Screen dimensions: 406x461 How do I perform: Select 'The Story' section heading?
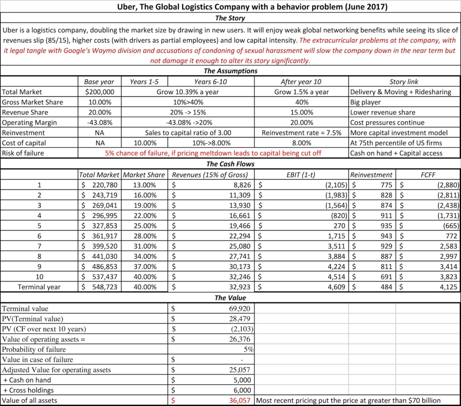pos(230,18)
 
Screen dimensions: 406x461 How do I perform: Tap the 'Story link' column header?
pos(404,82)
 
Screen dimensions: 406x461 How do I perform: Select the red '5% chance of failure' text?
pos(213,153)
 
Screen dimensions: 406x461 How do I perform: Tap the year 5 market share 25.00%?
pos(145,225)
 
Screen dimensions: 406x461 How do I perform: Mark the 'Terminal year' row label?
pos(40,287)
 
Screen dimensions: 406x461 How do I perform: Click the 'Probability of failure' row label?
pos(34,349)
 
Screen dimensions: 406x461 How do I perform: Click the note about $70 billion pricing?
pos(348,400)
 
